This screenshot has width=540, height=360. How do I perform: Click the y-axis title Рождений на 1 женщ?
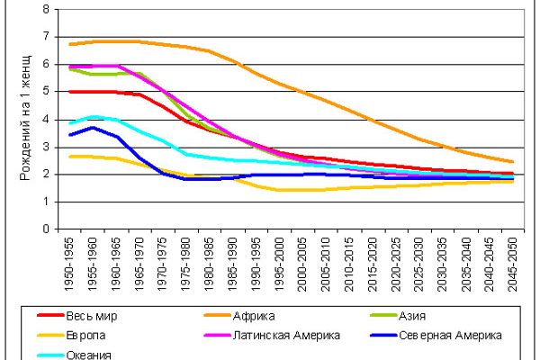24,117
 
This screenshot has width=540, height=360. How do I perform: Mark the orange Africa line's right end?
512,161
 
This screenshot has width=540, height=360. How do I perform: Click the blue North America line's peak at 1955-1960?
94,127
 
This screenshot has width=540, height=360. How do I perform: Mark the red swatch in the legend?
49,316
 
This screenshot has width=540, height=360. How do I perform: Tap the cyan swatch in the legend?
49,354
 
